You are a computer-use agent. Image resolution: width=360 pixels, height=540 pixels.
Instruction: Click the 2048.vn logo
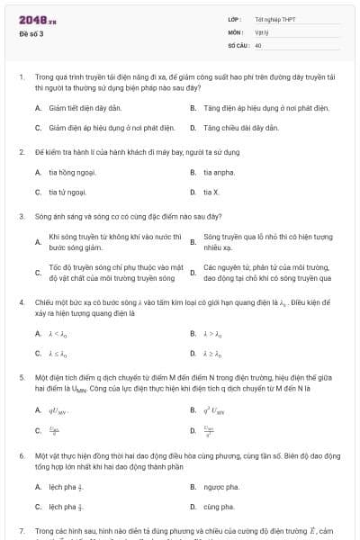(x=36, y=21)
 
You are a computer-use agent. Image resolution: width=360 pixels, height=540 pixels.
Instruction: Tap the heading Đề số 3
(x=31, y=34)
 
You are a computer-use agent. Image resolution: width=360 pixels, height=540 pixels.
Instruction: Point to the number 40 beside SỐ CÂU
(x=258, y=44)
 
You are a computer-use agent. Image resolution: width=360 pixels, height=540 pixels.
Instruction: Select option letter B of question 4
(x=193, y=334)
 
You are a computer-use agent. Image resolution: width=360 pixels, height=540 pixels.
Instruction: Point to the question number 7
(x=21, y=532)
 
